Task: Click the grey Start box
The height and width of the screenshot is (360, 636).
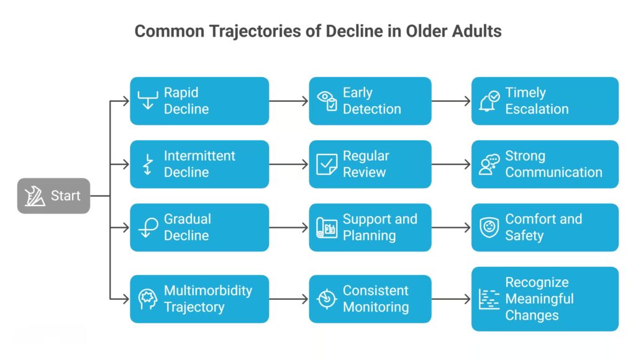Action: coord(53,196)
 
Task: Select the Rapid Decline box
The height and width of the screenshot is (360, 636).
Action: coord(199,101)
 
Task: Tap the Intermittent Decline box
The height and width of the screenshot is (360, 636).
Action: coord(199,164)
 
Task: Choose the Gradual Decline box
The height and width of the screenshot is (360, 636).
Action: coord(199,228)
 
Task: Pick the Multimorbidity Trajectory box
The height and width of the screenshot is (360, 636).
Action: coord(199,299)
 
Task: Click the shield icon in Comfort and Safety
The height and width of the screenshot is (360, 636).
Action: coord(489,228)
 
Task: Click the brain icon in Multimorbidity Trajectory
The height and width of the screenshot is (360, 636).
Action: coord(148,299)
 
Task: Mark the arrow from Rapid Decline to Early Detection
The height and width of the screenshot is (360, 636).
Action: coord(289,101)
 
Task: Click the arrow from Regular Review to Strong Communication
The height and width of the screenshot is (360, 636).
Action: coord(452,164)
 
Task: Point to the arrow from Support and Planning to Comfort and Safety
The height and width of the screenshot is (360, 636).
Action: coord(452,228)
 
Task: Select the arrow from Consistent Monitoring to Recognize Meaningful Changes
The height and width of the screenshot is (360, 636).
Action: coord(452,299)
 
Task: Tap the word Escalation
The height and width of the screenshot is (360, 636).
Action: coord(537,109)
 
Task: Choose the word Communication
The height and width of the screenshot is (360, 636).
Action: coord(553,173)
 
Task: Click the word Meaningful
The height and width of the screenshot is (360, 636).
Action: coord(539,299)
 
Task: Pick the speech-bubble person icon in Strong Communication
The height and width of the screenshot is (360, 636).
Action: coord(489,164)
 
